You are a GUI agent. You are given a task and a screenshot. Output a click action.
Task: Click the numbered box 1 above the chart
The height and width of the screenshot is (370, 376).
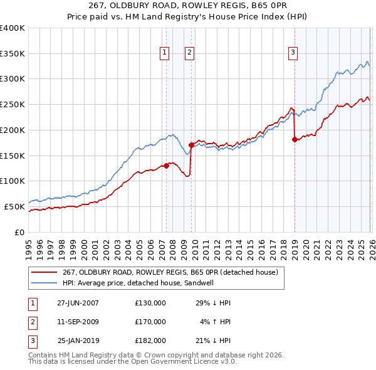pyautogui.click(x=164, y=53)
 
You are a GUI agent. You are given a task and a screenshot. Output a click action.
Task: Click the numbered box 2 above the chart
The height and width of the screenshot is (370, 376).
pyautogui.click(x=189, y=53)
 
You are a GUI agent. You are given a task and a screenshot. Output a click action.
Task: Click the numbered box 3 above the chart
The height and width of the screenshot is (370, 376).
pyautogui.click(x=293, y=53)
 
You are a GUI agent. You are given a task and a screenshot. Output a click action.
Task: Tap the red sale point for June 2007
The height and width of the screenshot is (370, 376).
pyautogui.click(x=166, y=166)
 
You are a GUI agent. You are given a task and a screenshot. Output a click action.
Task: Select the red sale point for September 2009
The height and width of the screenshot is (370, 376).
pyautogui.click(x=191, y=145)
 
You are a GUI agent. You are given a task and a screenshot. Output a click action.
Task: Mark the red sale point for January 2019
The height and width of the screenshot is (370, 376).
pyautogui.click(x=294, y=139)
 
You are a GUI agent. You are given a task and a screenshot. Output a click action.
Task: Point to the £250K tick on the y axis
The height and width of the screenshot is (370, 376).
pyautogui.click(x=13, y=105)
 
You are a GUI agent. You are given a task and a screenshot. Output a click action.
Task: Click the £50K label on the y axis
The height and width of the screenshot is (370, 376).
pyautogui.click(x=14, y=206)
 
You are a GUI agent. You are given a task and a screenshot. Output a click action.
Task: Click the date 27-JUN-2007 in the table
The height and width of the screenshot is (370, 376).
pyautogui.click(x=78, y=303)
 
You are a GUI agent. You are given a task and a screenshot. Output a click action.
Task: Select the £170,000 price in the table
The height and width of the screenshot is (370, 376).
pyautogui.click(x=150, y=322)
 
